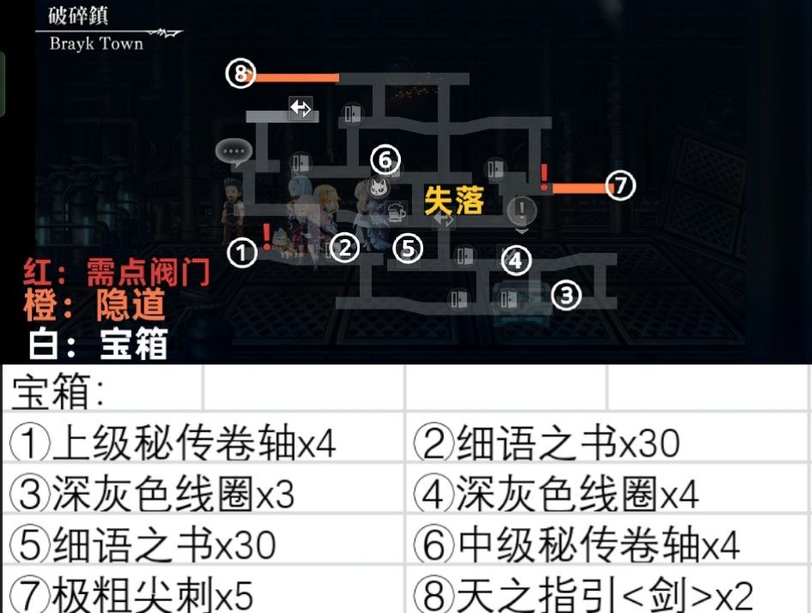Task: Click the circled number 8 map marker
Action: pos(241,74)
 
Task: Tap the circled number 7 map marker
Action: pos(620,185)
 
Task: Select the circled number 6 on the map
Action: pos(385,159)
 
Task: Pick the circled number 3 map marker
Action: pos(566,296)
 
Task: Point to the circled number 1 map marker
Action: pos(242,254)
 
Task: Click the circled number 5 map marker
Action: pos(408,249)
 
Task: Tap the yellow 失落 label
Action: pos(454,201)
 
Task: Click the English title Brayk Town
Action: pos(96,44)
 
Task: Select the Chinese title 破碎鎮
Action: pos(78,15)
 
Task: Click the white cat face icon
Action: pos(378,188)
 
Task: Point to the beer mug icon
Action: pos(397,212)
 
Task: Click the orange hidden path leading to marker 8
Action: pos(296,78)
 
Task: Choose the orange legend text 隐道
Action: pos(130,305)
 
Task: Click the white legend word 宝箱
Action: pos(134,343)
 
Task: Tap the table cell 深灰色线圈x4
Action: pos(557,493)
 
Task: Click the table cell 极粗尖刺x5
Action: pos(132,595)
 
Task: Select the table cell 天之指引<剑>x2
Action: pos(583,595)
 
